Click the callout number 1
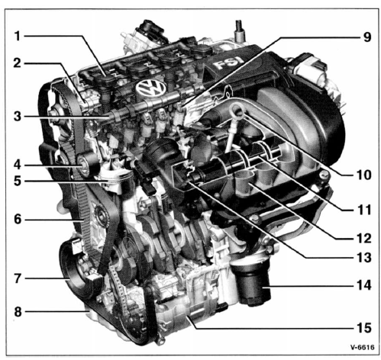click(x=17, y=36)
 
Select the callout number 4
click(x=17, y=165)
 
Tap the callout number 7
click(x=18, y=278)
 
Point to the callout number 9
click(x=366, y=37)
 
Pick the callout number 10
click(x=363, y=175)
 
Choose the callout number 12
click(x=363, y=238)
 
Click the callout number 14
click(x=363, y=284)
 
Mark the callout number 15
click(x=363, y=328)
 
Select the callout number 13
click(x=363, y=258)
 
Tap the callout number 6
click(x=18, y=219)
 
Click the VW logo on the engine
click(x=150, y=88)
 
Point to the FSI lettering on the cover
click(x=228, y=63)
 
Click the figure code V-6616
click(x=362, y=347)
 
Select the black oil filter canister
click(x=252, y=284)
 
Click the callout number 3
click(x=18, y=117)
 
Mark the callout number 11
click(x=363, y=211)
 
